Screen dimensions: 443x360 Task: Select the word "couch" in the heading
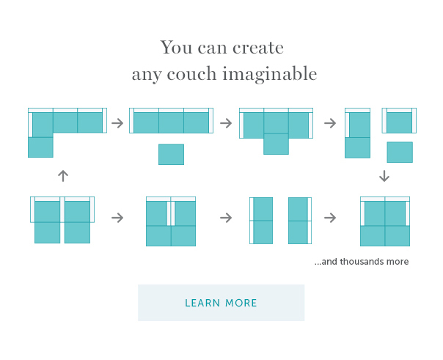click(x=191, y=74)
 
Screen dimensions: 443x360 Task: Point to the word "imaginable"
click(x=270, y=74)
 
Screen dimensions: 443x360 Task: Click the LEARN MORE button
click(x=221, y=303)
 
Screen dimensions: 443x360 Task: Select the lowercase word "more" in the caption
click(x=398, y=262)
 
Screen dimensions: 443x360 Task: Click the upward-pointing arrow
click(x=63, y=176)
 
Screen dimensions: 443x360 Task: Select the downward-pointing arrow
click(x=384, y=176)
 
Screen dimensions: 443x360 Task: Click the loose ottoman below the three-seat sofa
click(x=171, y=154)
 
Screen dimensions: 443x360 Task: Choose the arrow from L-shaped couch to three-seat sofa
click(x=117, y=123)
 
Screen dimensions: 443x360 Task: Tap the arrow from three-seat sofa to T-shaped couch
click(x=226, y=123)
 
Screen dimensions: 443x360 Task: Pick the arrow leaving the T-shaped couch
click(x=330, y=123)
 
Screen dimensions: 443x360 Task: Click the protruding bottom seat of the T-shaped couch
click(x=276, y=144)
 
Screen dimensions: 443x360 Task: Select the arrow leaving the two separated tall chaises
click(x=330, y=218)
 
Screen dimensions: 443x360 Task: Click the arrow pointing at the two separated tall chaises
click(x=226, y=218)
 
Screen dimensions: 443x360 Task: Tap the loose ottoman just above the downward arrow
click(x=400, y=153)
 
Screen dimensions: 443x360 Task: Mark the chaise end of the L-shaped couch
click(x=40, y=147)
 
